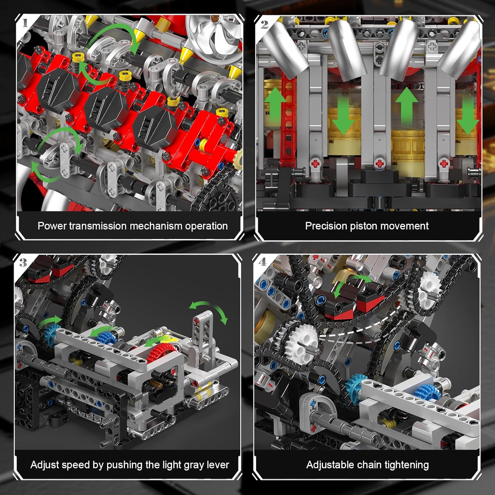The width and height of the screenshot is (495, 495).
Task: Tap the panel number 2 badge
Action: [264, 24]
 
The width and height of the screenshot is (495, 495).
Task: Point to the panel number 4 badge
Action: [262, 262]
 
